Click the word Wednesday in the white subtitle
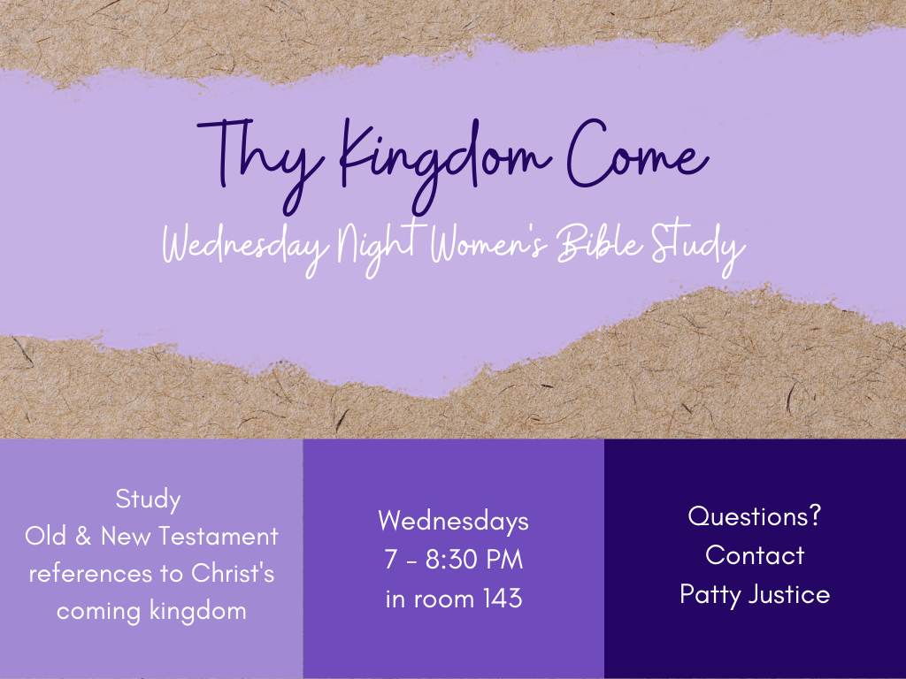pyautogui.click(x=246, y=247)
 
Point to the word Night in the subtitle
pyautogui.click(x=378, y=247)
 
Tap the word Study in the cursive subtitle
pyautogui.click(x=698, y=247)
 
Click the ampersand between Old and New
pyautogui.click(x=83, y=537)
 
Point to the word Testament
pyautogui.click(x=219, y=537)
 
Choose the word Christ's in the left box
pyautogui.click(x=233, y=573)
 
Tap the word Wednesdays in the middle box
pyautogui.click(x=454, y=521)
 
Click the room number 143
pyautogui.click(x=503, y=599)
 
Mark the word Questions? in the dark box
pyautogui.click(x=755, y=516)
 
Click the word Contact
pyautogui.click(x=755, y=555)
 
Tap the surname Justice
pyautogui.click(x=789, y=594)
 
